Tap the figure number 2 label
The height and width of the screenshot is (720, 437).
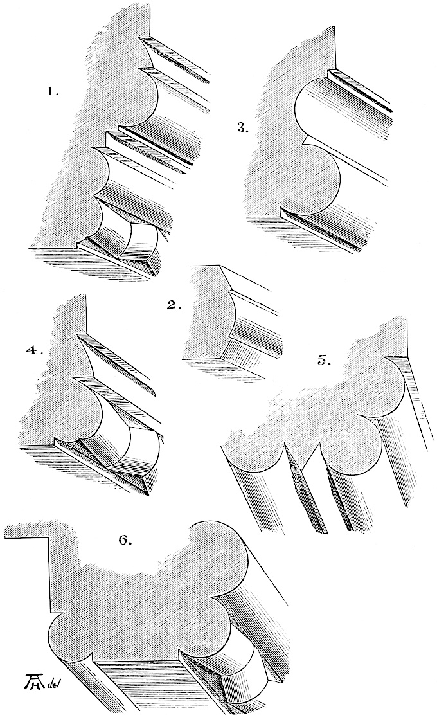tap(174, 305)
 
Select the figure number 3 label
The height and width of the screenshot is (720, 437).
tap(242, 128)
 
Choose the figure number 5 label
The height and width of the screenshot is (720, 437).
tap(325, 359)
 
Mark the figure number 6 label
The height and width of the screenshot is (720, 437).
tap(125, 539)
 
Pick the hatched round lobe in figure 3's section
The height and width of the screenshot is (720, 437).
tap(317, 180)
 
